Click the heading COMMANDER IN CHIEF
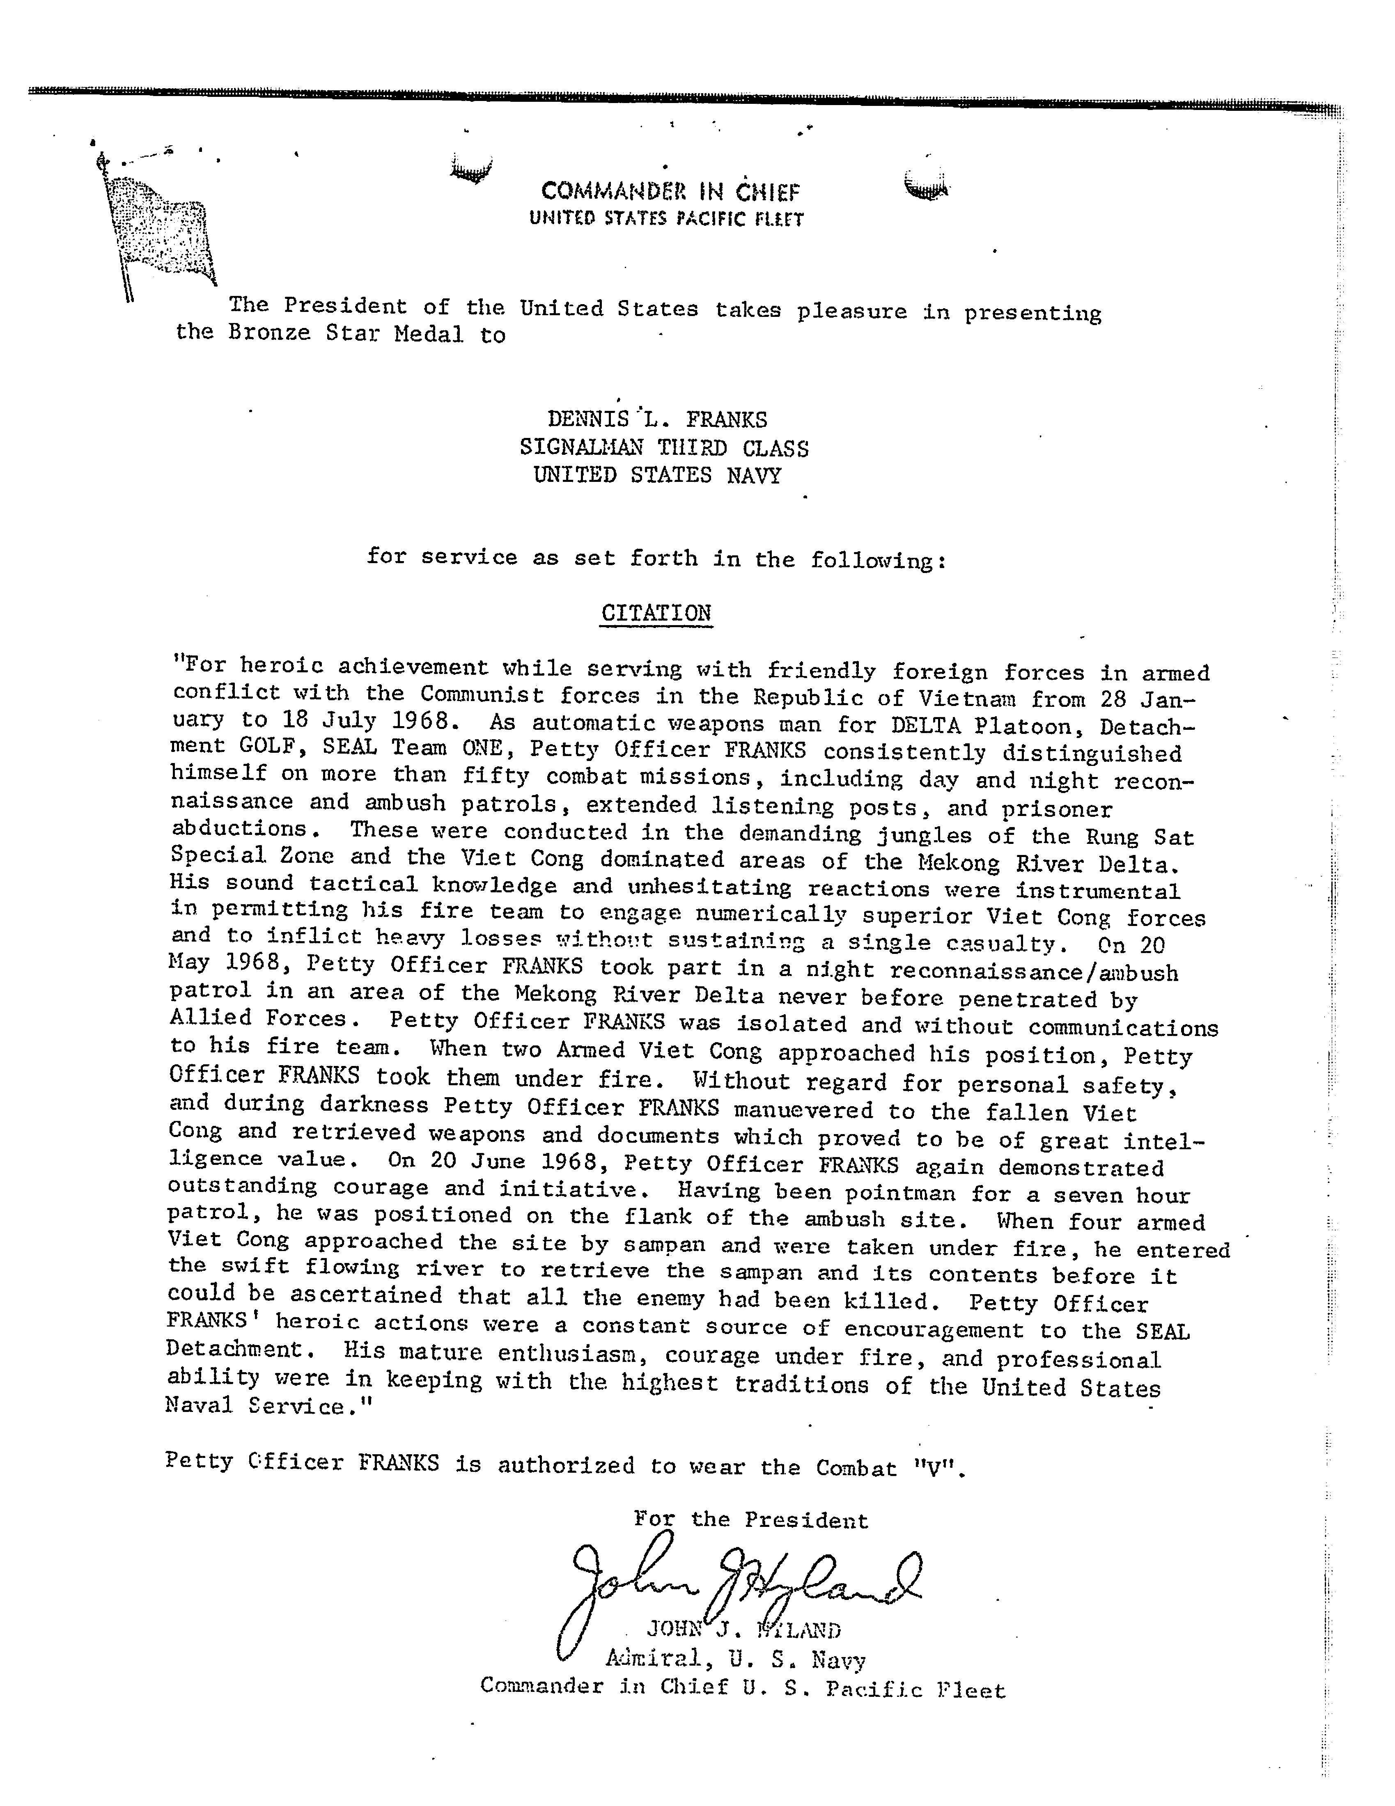(671, 192)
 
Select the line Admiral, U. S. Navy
(735, 1659)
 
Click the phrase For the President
(751, 1520)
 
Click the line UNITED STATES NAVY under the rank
(657, 475)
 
